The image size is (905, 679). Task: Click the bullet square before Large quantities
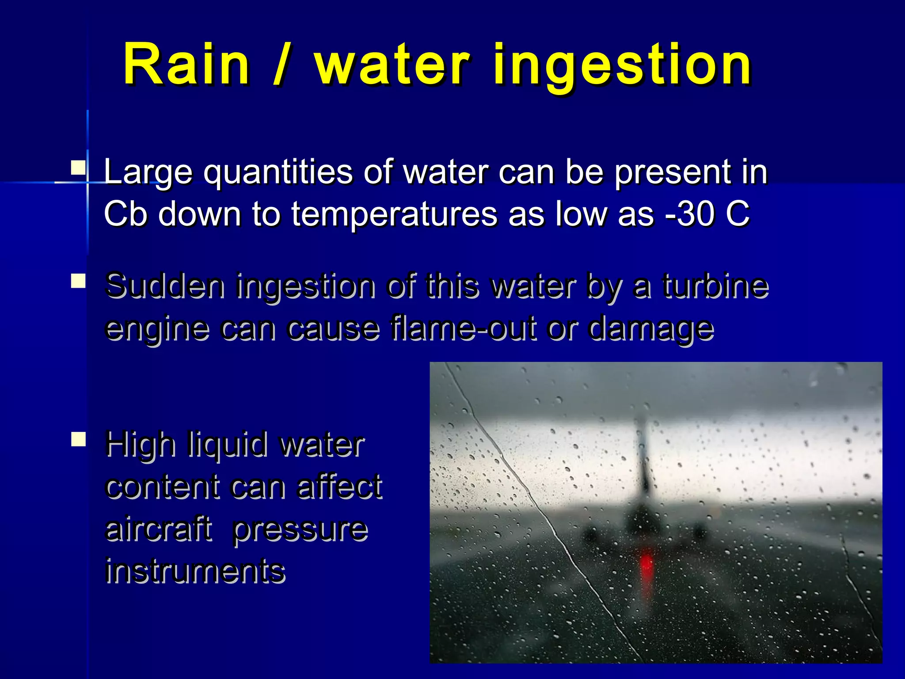pyautogui.click(x=78, y=168)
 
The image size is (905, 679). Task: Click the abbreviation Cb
pyautogui.click(x=125, y=214)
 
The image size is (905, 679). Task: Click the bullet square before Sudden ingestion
pyautogui.click(x=78, y=281)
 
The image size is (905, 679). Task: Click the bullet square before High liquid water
pyautogui.click(x=78, y=439)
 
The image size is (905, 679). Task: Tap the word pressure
pyautogui.click(x=300, y=530)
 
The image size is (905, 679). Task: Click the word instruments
pyautogui.click(x=195, y=571)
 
